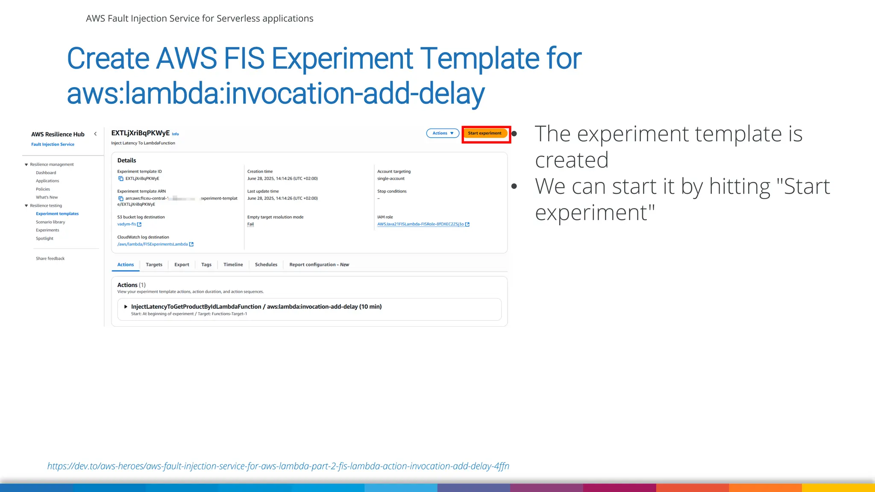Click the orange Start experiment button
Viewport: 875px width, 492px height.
pyautogui.click(x=484, y=133)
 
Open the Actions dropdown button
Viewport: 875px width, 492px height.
pyautogui.click(x=443, y=133)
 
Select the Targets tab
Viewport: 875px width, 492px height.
pyautogui.click(x=154, y=265)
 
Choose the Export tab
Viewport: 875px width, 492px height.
pyautogui.click(x=182, y=265)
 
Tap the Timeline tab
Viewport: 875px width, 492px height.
pyautogui.click(x=233, y=265)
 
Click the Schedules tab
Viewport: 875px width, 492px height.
pyautogui.click(x=266, y=265)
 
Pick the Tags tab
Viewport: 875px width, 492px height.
pyautogui.click(x=206, y=265)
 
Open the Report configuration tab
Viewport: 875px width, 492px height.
pyautogui.click(x=319, y=265)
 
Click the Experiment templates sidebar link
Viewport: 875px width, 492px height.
pyautogui.click(x=57, y=214)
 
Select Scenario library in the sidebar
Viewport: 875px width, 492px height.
pyautogui.click(x=50, y=222)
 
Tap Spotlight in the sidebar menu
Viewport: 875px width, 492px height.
pyautogui.click(x=44, y=239)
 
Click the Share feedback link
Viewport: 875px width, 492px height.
pyautogui.click(x=50, y=259)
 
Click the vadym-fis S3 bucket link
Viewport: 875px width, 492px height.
pyautogui.click(x=127, y=224)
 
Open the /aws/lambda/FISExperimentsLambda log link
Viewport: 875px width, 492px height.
pyautogui.click(x=153, y=244)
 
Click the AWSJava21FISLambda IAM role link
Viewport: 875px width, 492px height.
pyautogui.click(x=420, y=224)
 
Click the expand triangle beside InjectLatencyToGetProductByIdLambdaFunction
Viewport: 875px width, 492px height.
pyautogui.click(x=126, y=307)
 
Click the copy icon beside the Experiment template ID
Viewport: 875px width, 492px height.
pyautogui.click(x=120, y=179)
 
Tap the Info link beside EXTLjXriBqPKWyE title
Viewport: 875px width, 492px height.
pyautogui.click(x=175, y=134)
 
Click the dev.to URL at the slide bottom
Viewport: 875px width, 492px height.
pyautogui.click(x=278, y=466)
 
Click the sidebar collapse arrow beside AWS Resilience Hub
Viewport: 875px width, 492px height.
pyautogui.click(x=95, y=134)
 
